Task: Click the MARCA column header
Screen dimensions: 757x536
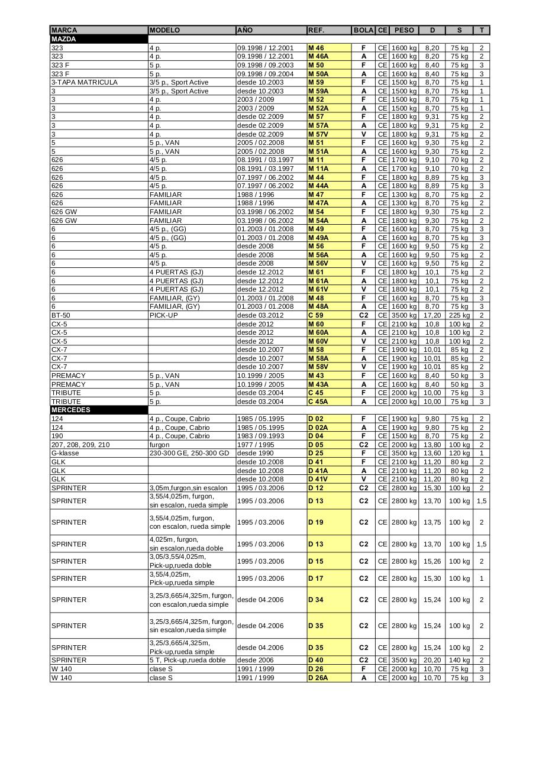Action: tap(64, 30)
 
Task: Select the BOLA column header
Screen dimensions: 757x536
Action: tap(363, 30)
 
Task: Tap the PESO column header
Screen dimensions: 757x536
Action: tap(404, 30)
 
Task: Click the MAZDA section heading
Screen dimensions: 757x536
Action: tap(64, 39)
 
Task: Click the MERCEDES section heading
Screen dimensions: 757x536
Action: tap(70, 410)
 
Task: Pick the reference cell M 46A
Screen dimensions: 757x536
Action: tap(318, 57)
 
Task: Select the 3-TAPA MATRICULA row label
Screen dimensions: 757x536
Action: tap(85, 82)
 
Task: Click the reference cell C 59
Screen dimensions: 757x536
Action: tap(315, 315)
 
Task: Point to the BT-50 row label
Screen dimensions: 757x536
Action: tap(61, 315)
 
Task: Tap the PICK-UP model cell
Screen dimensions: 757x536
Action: tap(164, 315)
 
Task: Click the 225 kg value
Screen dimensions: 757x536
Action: tap(459, 315)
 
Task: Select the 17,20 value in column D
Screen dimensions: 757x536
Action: tap(432, 315)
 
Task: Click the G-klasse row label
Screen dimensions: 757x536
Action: tap(65, 453)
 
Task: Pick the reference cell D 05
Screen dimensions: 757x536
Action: tap(315, 445)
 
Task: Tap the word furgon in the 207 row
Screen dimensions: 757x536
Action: tap(160, 445)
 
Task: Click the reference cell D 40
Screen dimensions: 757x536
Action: tap(315, 660)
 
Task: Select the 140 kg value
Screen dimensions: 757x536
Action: tap(459, 660)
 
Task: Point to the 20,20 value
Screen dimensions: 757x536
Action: tap(432, 660)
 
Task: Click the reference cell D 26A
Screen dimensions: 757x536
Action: tap(318, 678)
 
